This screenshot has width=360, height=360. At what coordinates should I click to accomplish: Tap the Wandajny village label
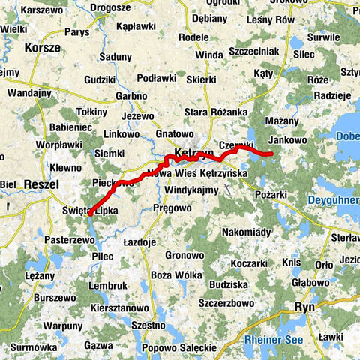[x=29, y=93]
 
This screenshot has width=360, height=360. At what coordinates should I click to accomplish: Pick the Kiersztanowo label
[x=119, y=307]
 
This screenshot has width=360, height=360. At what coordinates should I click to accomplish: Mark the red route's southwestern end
[x=90, y=214]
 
